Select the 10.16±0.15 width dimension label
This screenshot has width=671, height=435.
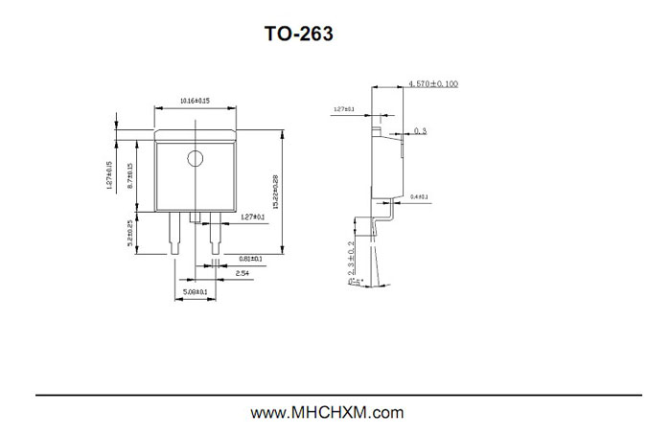tap(196, 101)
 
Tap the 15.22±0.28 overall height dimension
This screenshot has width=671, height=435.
tap(277, 192)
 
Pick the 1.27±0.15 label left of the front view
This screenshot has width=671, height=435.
tap(110, 176)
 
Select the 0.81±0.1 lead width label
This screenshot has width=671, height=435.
tap(251, 259)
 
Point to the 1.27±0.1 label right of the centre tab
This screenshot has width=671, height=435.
tap(253, 217)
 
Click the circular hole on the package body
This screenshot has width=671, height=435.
tap(196, 158)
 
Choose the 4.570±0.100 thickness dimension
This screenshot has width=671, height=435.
tap(433, 84)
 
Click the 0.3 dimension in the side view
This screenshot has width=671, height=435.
tap(421, 130)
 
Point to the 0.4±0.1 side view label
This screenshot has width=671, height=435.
tap(419, 196)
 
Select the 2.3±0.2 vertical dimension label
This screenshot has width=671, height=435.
tap(352, 261)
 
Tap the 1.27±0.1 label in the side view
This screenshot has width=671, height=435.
tap(344, 110)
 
